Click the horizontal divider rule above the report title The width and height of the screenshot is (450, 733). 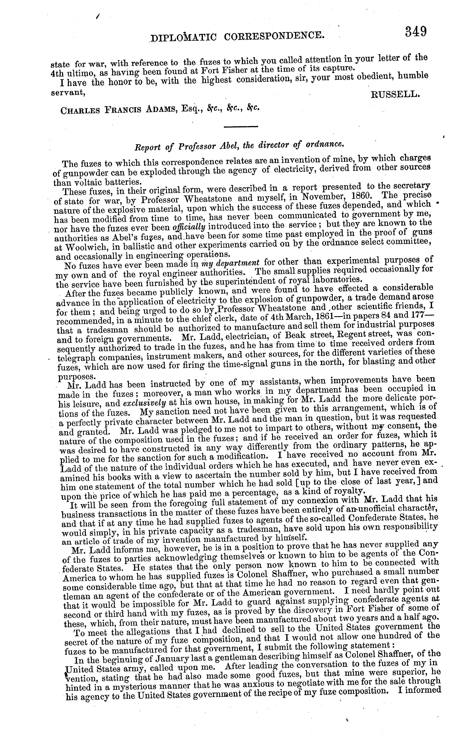point(240,127)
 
